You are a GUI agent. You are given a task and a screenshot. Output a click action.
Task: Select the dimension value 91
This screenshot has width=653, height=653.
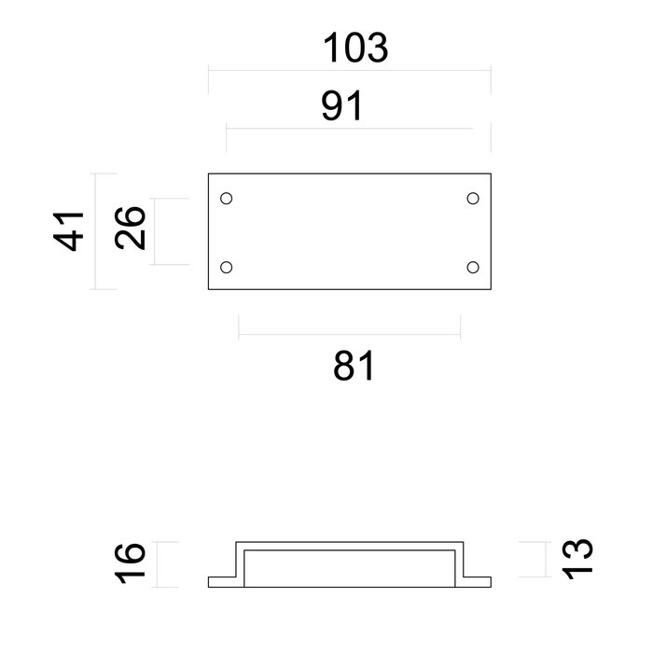341,106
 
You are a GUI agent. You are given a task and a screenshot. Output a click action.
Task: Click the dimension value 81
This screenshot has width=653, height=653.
353,366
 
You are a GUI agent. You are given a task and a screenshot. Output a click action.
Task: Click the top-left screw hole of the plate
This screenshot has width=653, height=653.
226,198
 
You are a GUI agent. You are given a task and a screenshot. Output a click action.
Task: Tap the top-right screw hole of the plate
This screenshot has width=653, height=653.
473,198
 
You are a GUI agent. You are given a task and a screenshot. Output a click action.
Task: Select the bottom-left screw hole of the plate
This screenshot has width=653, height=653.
226,268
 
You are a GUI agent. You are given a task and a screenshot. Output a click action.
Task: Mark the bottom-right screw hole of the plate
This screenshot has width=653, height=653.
473,268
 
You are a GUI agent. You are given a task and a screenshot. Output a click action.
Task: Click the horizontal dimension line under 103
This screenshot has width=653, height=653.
349,69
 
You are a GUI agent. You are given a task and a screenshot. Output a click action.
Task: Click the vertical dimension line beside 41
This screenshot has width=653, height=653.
97,230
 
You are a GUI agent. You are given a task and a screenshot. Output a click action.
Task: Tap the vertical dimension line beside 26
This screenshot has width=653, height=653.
155,231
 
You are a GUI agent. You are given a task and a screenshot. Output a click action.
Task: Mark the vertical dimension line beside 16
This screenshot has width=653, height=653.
158,564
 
